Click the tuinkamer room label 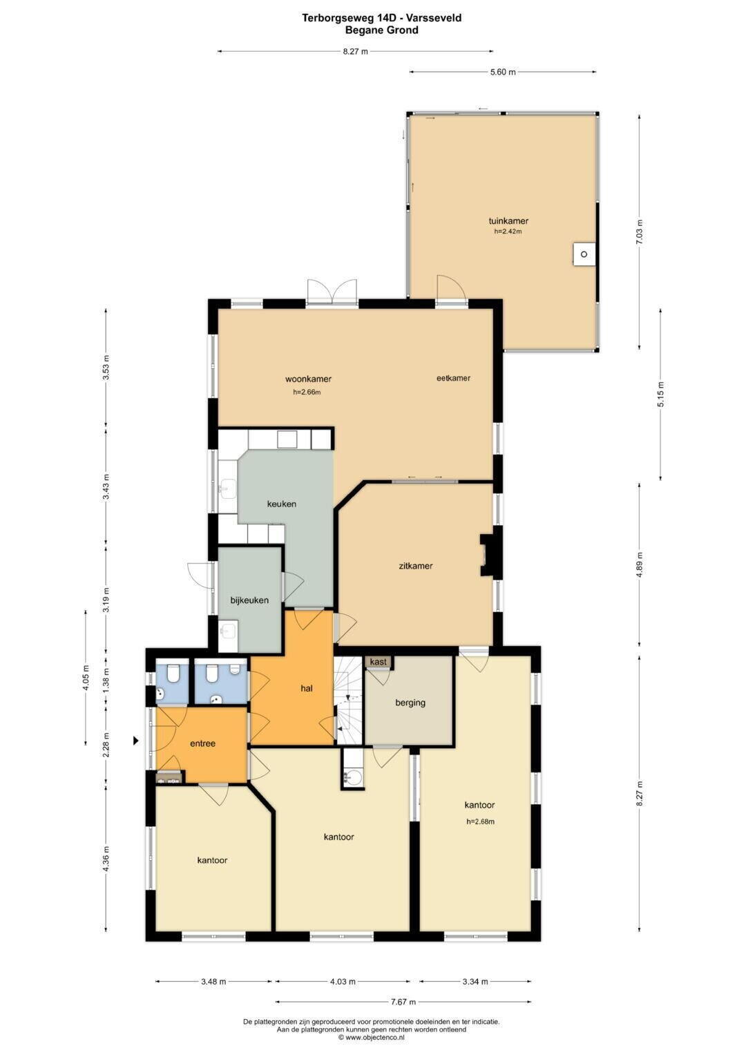click(x=508, y=221)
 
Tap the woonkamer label click(x=308, y=379)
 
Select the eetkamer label click(x=454, y=378)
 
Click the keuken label click(x=282, y=504)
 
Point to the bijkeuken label click(x=249, y=600)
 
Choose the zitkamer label click(x=415, y=566)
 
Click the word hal click(x=307, y=688)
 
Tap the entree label click(x=202, y=743)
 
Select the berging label click(x=410, y=703)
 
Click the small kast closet click(x=379, y=662)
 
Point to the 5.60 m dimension click(x=503, y=72)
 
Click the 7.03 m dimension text click(x=639, y=231)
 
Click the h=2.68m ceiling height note click(x=480, y=821)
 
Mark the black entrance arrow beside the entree click(x=136, y=741)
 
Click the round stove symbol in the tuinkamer click(x=584, y=254)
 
